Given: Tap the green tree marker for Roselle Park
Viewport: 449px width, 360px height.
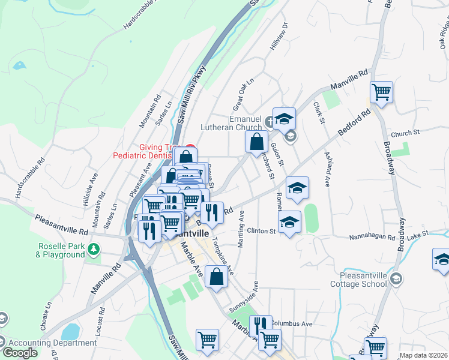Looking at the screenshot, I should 94,248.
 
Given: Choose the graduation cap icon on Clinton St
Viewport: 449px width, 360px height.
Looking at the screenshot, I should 289,223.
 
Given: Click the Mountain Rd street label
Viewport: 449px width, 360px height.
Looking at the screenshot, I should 150,110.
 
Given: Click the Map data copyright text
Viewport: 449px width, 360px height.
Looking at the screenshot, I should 423,355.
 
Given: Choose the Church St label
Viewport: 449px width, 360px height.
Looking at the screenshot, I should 404,134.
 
